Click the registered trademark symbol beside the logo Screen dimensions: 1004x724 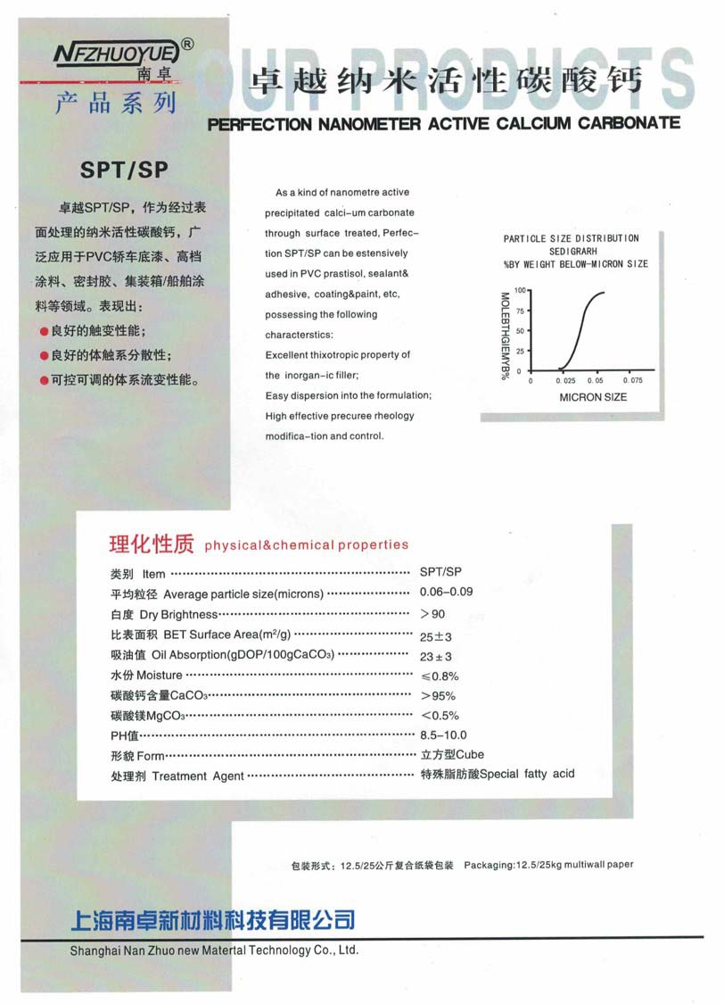187,43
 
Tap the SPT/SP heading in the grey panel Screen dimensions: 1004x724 124,170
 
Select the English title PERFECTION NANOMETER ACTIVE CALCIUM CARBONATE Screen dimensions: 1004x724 443,123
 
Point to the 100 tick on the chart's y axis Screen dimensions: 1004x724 521,291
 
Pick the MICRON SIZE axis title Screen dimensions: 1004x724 593,396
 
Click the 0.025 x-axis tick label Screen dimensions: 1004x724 566,380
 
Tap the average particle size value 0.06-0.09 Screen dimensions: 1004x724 446,593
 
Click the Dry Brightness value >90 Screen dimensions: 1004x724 432,614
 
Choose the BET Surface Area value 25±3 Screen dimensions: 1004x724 436,636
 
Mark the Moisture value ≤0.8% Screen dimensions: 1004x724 439,676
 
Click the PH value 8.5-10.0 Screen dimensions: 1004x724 443,735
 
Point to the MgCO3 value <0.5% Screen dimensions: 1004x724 439,716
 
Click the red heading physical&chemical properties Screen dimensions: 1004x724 306,544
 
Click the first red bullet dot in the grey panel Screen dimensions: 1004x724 44,331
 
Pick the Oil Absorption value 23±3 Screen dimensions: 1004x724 436,656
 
